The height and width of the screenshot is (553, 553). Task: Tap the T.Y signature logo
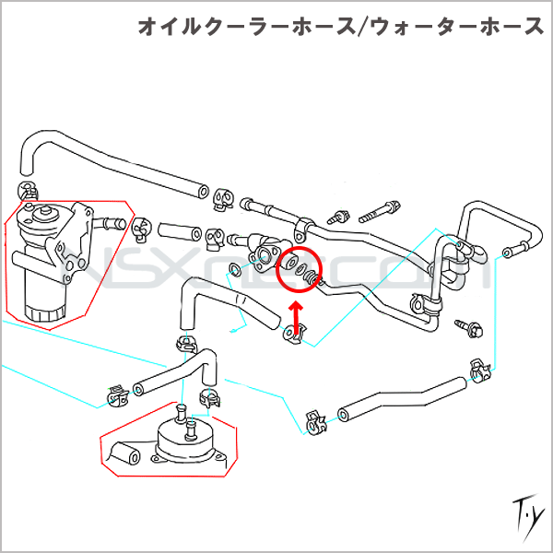click(x=523, y=510)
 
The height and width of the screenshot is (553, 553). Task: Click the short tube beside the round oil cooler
click(x=125, y=454)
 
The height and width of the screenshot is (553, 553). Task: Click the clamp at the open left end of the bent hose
click(x=313, y=422)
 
